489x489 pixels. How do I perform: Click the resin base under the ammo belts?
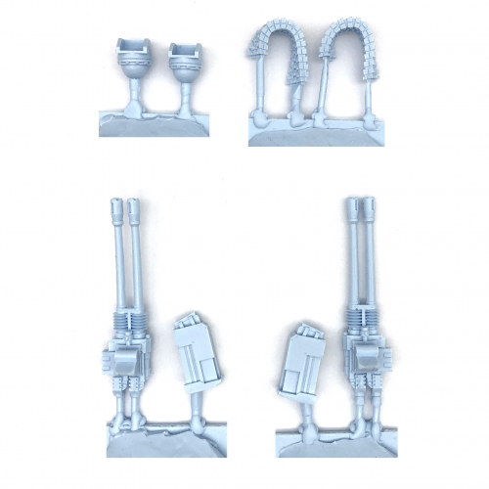click(x=313, y=132)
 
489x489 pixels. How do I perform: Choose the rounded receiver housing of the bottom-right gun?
click(x=366, y=360)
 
